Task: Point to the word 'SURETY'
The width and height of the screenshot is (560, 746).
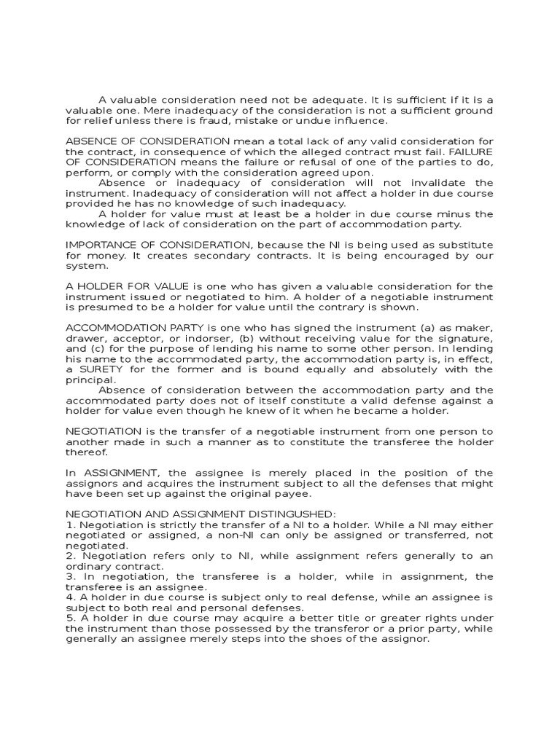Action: (x=95, y=369)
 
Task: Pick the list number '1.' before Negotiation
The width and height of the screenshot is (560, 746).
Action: (x=70, y=525)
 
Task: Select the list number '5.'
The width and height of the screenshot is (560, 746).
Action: (x=70, y=619)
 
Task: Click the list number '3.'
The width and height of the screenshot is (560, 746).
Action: (x=70, y=576)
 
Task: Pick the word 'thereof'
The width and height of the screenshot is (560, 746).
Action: (x=86, y=452)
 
